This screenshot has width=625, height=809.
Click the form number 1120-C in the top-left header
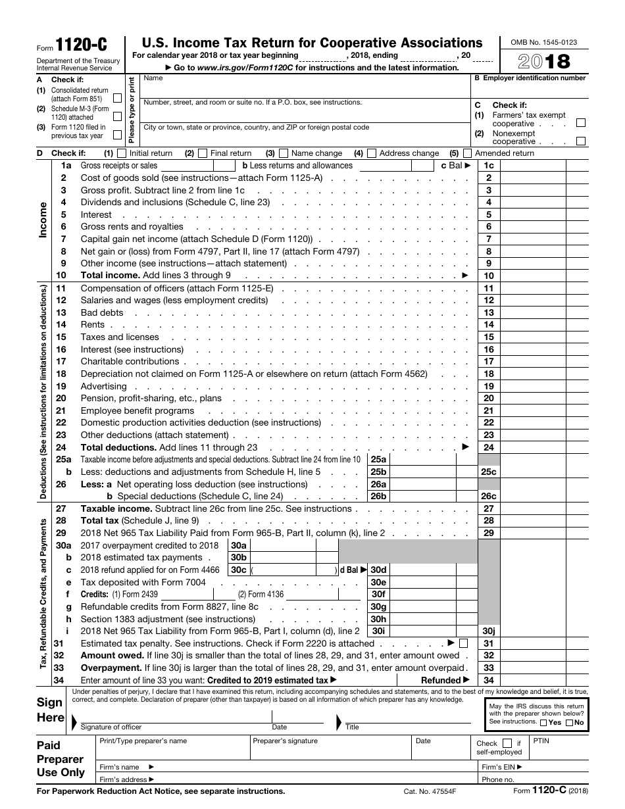81,45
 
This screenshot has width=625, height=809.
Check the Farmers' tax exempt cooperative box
581,123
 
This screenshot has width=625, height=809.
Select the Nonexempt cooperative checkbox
581,141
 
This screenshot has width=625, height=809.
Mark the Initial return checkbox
121,153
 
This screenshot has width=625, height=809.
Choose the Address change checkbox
372,153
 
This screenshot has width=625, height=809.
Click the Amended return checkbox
467,153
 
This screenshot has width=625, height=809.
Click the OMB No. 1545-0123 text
543,42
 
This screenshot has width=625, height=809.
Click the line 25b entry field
431,472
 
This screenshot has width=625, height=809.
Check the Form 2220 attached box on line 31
463,643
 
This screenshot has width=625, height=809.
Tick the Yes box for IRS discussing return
543,722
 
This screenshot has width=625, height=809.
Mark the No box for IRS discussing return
569,722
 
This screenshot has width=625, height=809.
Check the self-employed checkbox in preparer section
507,743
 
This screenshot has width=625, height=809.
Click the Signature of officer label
111,727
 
